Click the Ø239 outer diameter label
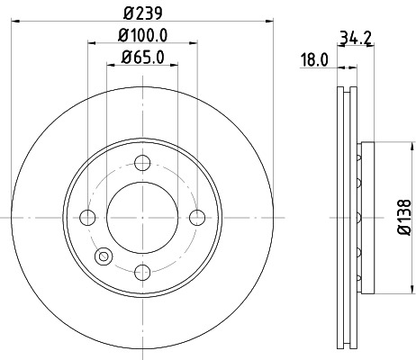[x=142, y=13]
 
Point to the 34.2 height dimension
[x=356, y=39]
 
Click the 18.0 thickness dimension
[x=312, y=61]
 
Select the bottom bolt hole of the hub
[x=142, y=271]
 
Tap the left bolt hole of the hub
[x=87, y=217]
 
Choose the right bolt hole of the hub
[x=197, y=217]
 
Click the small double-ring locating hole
[x=104, y=256]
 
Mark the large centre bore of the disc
[x=142, y=217]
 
